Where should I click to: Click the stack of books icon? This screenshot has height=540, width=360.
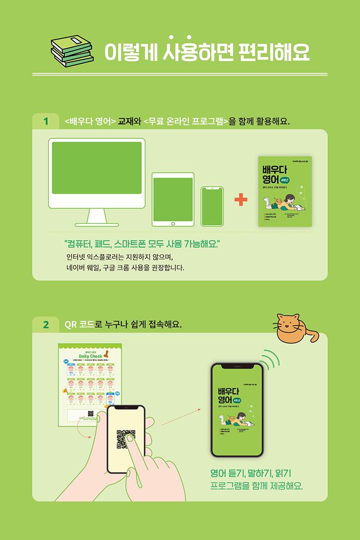[72, 51]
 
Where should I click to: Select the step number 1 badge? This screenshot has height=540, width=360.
[46, 122]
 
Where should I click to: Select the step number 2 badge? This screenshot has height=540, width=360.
[46, 325]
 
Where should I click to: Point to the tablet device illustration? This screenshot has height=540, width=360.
[173, 200]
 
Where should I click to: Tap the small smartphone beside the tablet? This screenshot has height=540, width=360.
[212, 206]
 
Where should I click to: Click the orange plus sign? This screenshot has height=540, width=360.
[240, 200]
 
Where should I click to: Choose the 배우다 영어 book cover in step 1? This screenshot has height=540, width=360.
[284, 191]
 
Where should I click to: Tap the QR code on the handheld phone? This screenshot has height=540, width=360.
[126, 439]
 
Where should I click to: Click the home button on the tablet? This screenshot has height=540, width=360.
[173, 223]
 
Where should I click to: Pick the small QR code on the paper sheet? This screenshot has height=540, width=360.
[91, 413]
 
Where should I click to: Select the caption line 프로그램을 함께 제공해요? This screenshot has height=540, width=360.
[256, 485]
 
